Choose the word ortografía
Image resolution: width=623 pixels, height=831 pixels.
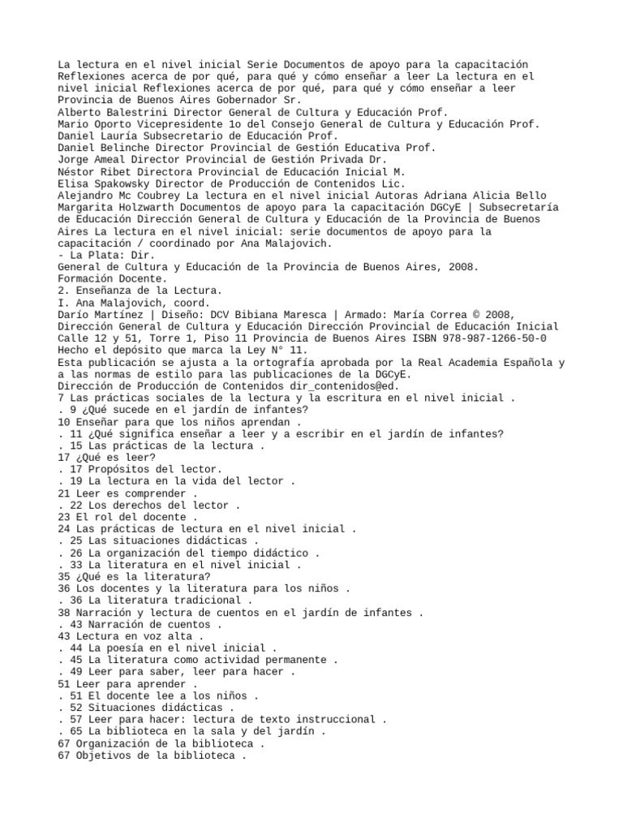pos(273,362)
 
